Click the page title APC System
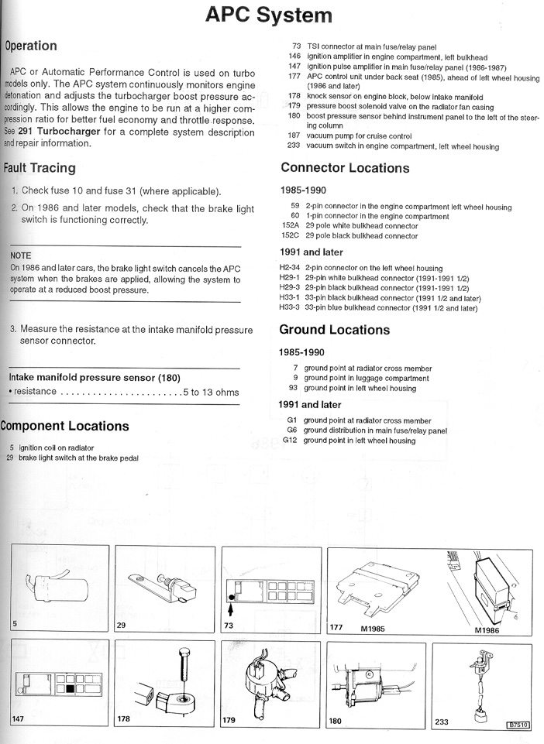270,15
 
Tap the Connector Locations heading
344,168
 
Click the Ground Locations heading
334,330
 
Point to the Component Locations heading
64,426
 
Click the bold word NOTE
21,255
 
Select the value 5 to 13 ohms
211,392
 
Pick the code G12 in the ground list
290,441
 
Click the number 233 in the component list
294,146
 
